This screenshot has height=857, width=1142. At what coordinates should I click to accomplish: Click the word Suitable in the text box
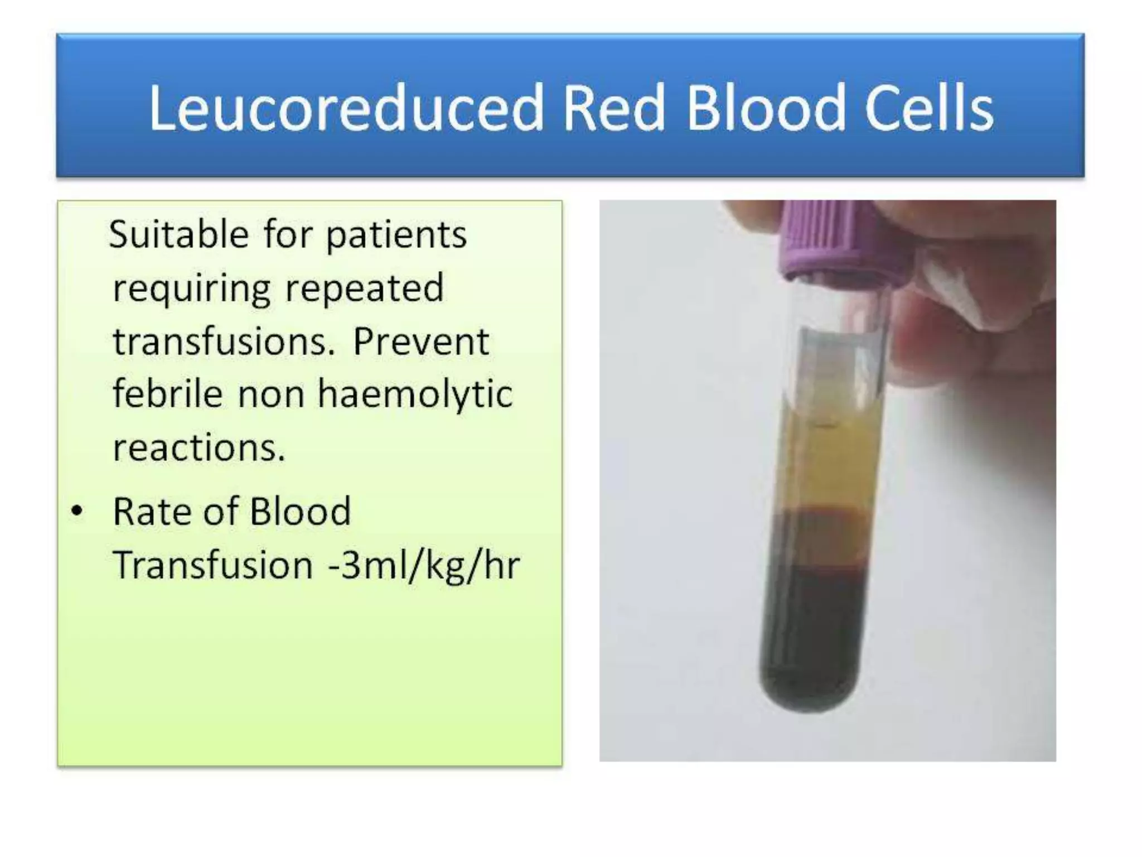178,234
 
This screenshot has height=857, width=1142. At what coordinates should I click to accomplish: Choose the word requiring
192,289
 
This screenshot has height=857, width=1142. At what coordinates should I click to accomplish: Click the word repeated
365,288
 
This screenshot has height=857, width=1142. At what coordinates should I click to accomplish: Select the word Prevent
421,341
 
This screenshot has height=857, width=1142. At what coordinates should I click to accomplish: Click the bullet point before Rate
77,511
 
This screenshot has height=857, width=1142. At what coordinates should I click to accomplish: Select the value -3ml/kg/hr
424,565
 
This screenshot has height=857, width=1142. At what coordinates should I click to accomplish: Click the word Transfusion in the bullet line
213,565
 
